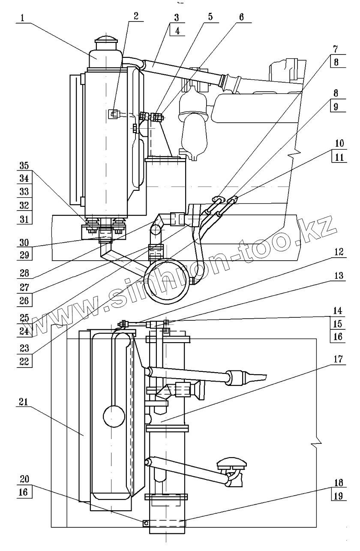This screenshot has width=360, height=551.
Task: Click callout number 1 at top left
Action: [22, 18]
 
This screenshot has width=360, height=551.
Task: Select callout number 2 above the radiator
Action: [136, 16]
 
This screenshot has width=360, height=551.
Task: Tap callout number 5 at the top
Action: [210, 17]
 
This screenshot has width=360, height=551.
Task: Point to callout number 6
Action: [241, 17]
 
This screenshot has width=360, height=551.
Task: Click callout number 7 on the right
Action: [336, 49]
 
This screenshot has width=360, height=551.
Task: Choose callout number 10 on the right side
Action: [339, 143]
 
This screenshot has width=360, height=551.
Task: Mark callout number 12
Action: [339, 252]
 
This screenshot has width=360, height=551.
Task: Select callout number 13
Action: [339, 275]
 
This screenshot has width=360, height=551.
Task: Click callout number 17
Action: [338, 359]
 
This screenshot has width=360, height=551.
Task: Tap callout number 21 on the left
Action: [24, 402]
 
